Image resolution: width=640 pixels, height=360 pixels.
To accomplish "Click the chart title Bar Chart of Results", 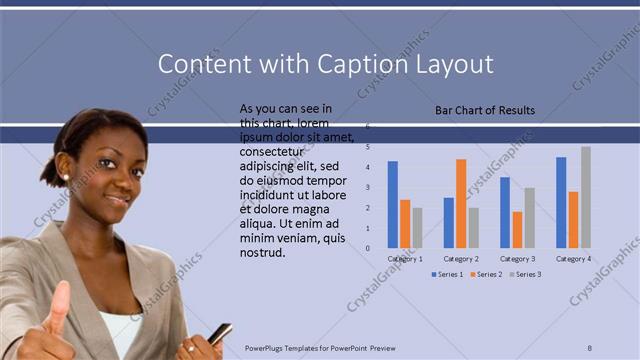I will click(x=485, y=110).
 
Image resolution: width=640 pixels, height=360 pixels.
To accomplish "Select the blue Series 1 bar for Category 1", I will click(x=393, y=204).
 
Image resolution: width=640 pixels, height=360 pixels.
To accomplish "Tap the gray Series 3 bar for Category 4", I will click(x=586, y=197).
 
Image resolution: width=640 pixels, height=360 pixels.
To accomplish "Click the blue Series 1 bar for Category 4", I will click(x=561, y=202).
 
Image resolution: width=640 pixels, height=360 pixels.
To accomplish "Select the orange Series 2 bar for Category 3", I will click(x=517, y=229).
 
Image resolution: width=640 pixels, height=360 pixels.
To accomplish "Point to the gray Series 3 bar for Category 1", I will click(x=418, y=227).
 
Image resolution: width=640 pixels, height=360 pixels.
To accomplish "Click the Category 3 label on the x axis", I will click(x=517, y=258).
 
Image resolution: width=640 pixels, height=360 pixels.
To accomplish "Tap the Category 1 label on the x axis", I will click(x=405, y=258).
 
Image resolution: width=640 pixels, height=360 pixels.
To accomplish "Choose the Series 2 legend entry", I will click(x=486, y=274).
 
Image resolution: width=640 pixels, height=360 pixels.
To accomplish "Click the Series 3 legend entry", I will click(x=529, y=274).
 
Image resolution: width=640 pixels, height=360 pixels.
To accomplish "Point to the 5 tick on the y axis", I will click(x=367, y=147).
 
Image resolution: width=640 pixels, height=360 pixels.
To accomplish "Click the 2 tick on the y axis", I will click(x=367, y=208).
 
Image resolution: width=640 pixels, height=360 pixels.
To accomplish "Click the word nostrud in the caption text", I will click(x=262, y=252).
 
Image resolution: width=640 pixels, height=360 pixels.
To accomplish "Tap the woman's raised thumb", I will click(x=58, y=300).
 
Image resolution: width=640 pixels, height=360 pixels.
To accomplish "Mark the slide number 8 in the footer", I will click(x=590, y=348).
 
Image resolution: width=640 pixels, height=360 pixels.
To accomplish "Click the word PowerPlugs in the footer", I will click(x=268, y=348).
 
